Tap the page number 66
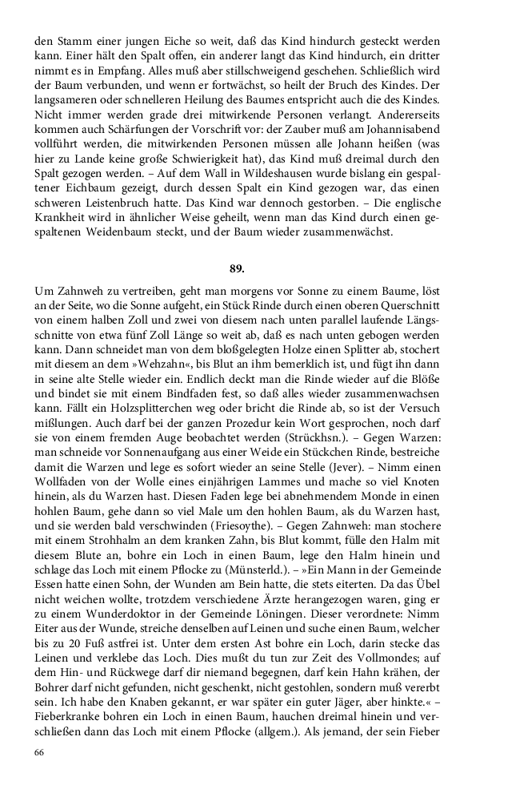(x=40, y=753)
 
